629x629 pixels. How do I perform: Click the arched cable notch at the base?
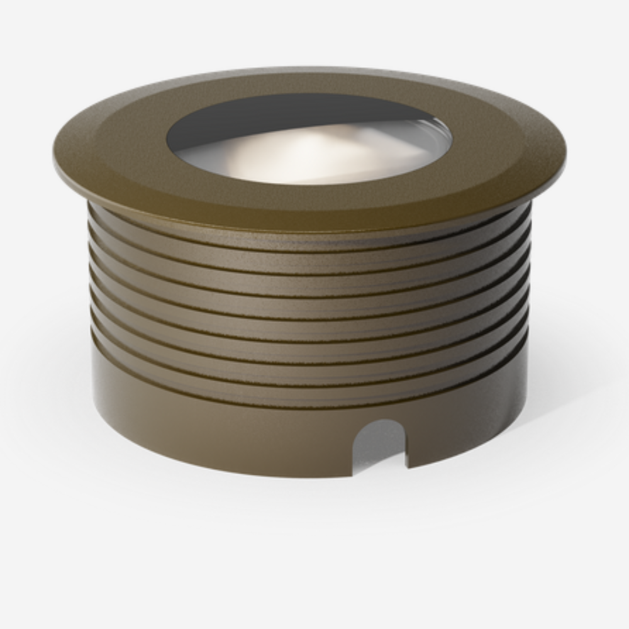[379, 447]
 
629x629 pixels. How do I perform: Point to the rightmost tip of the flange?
[565, 154]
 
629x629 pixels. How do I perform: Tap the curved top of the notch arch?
[379, 420]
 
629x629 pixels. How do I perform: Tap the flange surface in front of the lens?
[308, 203]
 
